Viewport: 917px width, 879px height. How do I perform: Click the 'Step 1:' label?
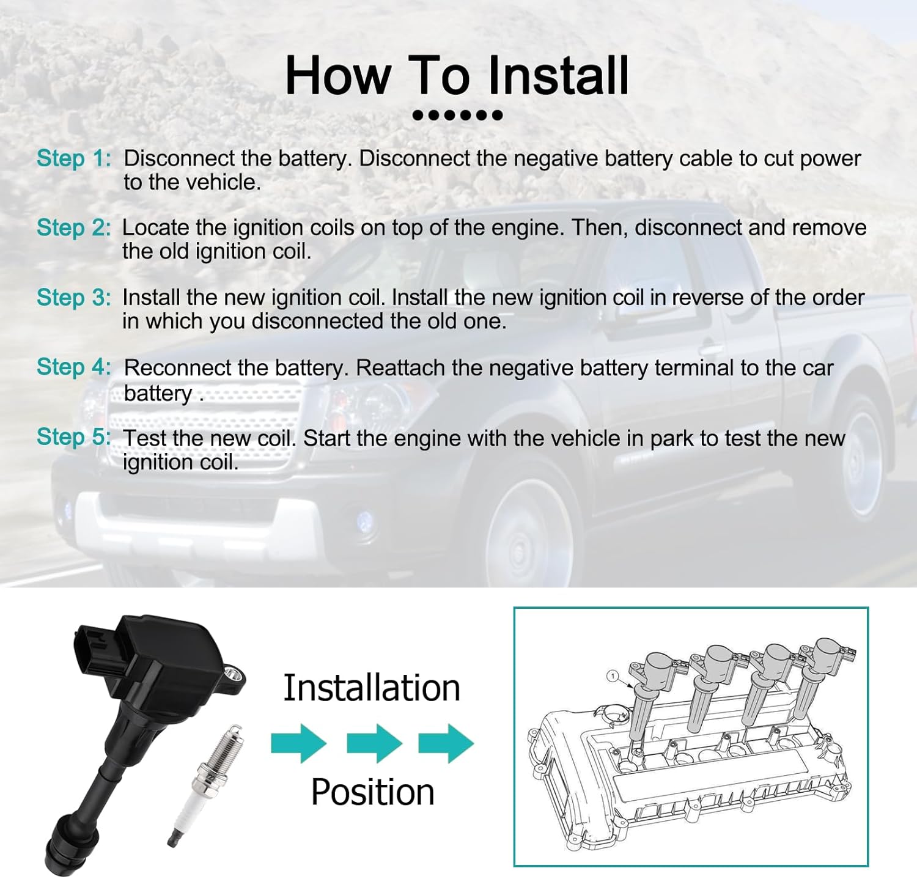pos(74,158)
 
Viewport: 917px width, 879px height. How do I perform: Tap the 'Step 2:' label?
pos(74,227)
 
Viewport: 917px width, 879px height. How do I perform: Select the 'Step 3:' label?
pos(74,298)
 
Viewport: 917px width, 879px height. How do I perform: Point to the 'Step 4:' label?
pos(74,367)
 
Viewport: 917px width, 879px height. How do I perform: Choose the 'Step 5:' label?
pos(74,437)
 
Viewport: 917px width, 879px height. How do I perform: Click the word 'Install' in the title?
pos(558,75)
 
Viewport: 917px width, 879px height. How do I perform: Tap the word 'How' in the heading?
pos(338,75)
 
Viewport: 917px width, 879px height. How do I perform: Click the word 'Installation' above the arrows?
pos(372,688)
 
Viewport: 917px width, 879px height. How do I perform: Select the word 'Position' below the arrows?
pos(373,793)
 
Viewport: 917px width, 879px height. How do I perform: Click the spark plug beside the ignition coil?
pos(205,785)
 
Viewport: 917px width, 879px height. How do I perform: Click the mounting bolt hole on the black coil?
pos(233,675)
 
